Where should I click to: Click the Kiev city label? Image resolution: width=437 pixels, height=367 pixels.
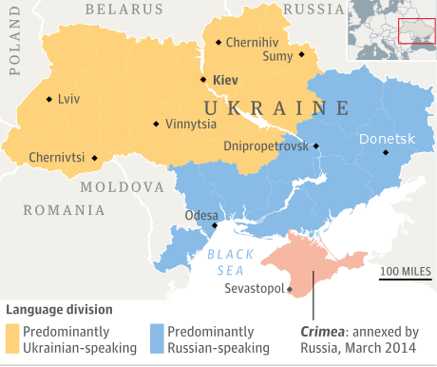226,81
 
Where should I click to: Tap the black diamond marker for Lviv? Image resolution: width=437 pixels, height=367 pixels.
49,98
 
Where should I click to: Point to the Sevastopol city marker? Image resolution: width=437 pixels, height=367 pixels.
290,289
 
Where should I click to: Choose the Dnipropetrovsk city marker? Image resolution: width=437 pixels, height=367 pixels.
316,145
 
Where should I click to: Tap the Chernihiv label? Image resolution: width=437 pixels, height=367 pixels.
253,42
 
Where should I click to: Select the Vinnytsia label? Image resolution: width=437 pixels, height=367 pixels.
190,124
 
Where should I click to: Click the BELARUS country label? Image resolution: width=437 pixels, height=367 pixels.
124,9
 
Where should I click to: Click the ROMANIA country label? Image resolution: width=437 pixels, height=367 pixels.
65,210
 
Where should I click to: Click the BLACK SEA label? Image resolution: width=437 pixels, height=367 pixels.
230,261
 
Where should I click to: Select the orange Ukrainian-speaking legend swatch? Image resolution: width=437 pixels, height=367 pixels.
13,339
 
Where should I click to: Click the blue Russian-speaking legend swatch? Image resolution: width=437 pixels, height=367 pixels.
157,339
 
